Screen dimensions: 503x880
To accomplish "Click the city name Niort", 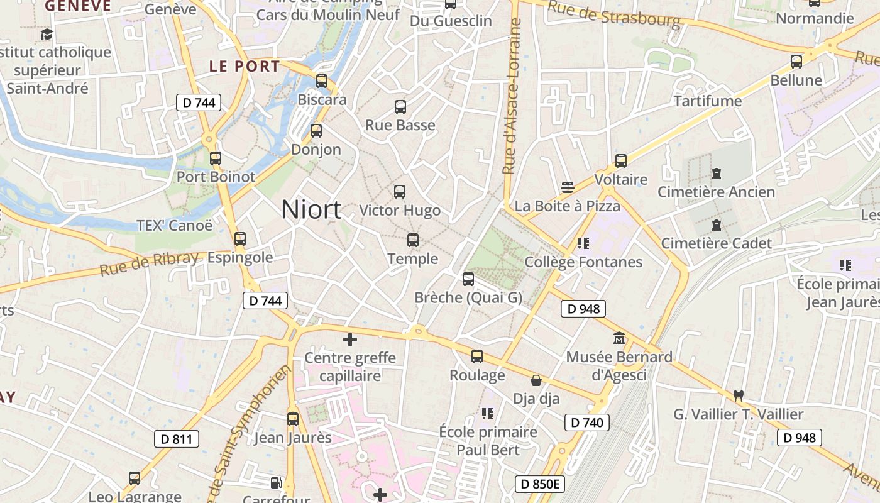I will [311, 209].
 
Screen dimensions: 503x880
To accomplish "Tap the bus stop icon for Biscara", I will [322, 81].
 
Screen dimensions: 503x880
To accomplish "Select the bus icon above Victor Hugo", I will [400, 192].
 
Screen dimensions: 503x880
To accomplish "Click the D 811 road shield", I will [177, 439].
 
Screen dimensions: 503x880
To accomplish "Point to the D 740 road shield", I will [587, 423].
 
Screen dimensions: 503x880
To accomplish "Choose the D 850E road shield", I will [540, 484].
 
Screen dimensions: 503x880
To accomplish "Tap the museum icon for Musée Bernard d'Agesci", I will [619, 338].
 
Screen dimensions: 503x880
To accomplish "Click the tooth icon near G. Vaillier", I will [739, 395].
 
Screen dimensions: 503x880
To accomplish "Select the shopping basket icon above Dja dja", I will [536, 380].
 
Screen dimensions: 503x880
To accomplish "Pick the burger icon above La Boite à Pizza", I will [568, 187].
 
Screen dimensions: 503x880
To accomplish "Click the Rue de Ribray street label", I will [150, 263].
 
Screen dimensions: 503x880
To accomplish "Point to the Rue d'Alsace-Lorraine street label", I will [512, 97].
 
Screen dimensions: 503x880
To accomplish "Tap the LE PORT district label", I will [244, 66].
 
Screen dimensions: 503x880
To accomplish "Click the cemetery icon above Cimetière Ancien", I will [717, 174].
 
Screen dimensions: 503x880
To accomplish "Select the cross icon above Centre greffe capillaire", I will [350, 340].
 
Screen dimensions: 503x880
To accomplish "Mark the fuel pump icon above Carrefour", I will [275, 483].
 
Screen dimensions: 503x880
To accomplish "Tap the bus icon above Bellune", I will [796, 62].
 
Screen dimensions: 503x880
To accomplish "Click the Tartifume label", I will [708, 101].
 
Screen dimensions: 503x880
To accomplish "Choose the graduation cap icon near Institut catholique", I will [46, 34].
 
